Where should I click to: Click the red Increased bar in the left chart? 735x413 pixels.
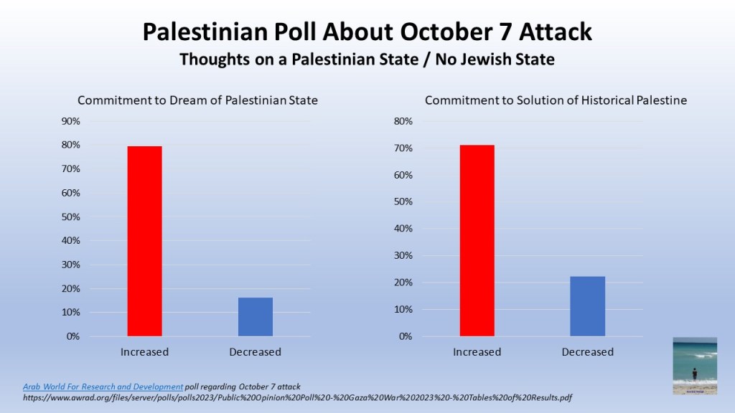click(x=144, y=241)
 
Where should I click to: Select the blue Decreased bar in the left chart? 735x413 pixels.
click(x=255, y=317)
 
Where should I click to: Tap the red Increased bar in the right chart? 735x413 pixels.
click(x=477, y=241)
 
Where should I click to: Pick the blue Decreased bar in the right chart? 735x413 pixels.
click(x=587, y=306)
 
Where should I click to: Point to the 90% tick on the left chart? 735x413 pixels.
click(x=70, y=121)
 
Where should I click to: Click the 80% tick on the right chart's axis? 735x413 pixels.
click(x=403, y=121)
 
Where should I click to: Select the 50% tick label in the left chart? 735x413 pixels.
click(x=70, y=217)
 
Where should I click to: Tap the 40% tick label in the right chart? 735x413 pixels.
click(x=403, y=229)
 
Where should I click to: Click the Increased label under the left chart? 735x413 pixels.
click(x=144, y=352)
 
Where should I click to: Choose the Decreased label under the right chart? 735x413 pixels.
click(x=587, y=352)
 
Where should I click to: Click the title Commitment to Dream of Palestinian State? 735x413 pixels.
click(x=197, y=100)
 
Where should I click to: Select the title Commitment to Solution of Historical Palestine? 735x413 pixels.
click(x=556, y=100)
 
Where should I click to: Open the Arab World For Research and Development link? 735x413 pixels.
click(x=103, y=386)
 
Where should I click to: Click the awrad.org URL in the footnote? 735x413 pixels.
click(x=297, y=397)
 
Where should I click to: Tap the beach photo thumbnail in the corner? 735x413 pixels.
click(x=694, y=366)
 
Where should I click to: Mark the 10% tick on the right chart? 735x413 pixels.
click(x=403, y=310)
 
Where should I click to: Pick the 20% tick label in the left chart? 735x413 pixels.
click(x=70, y=288)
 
